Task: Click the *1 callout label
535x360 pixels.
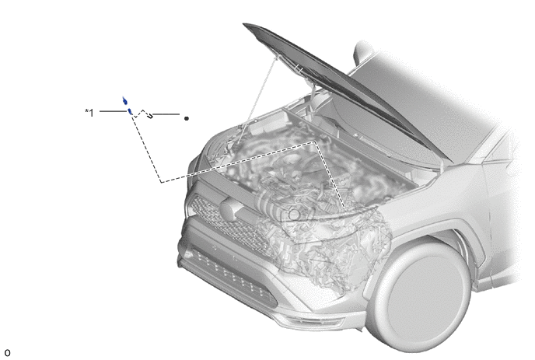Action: [89, 112]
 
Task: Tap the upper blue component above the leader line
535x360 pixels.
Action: [125, 100]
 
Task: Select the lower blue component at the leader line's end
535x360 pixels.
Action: [130, 111]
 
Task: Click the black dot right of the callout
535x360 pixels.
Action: [187, 118]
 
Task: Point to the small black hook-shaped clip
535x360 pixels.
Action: [150, 116]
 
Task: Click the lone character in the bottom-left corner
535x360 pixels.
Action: [8, 353]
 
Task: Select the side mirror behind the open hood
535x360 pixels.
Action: [363, 52]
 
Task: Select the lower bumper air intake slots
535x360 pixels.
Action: [231, 275]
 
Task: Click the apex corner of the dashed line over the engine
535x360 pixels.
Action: [315, 142]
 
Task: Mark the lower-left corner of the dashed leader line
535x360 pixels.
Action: [162, 182]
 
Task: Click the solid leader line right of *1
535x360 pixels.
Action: [113, 111]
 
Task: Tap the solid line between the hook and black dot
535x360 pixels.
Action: [166, 114]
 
